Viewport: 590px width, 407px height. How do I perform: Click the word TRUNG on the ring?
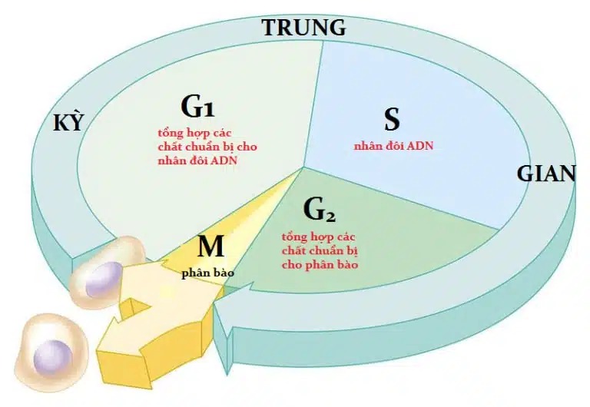coord(303,28)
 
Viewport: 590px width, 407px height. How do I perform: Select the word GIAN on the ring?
coord(546,174)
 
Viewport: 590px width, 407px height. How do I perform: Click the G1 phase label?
coord(197,107)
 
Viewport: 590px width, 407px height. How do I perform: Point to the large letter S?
coord(392,119)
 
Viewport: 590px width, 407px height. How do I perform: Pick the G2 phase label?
coord(320,210)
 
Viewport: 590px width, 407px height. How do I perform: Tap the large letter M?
coord(210,247)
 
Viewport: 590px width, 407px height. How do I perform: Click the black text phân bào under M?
coord(207,273)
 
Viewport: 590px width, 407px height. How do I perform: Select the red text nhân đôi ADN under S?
coord(393,146)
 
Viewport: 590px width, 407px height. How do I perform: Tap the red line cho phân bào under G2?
coord(320,265)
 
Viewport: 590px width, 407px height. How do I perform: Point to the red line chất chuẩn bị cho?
coord(207,147)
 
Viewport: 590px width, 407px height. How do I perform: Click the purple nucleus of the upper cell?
coord(104,279)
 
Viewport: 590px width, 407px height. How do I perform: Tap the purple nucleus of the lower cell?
coord(53,356)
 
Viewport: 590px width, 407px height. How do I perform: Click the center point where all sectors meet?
coord(303,167)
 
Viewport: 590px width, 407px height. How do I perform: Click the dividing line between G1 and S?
coord(313,104)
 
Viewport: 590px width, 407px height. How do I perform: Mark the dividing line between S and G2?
coord(401,198)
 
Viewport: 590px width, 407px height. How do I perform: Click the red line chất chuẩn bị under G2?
coord(320,251)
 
